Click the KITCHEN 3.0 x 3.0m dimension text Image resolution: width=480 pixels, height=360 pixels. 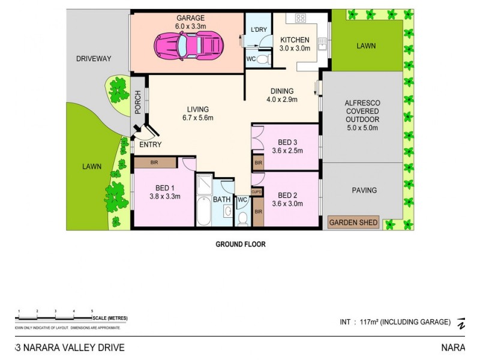(295, 49)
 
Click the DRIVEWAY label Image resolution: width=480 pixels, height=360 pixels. (95, 59)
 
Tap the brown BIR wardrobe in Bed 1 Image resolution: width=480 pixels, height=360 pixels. (155, 162)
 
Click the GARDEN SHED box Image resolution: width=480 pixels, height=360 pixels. (353, 223)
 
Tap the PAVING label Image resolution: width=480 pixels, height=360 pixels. (364, 190)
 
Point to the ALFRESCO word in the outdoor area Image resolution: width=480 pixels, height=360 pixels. (362, 103)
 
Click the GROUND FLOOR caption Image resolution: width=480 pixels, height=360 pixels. (240, 244)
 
